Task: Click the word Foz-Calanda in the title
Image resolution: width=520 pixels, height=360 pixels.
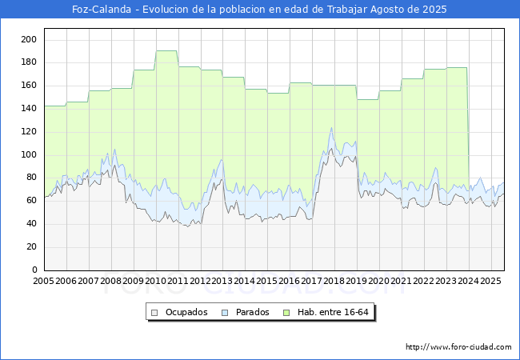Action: [102, 10]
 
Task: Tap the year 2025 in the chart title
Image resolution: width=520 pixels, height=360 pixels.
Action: [434, 10]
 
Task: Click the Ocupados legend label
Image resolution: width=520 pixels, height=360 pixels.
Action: [186, 312]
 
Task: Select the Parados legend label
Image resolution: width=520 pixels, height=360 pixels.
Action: [252, 312]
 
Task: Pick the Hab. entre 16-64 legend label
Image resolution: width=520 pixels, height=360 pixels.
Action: [333, 312]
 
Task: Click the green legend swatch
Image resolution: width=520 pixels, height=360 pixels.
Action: [286, 313]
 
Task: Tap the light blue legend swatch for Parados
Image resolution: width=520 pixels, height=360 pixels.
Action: [225, 313]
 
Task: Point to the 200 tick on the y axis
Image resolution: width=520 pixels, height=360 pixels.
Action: [29, 39]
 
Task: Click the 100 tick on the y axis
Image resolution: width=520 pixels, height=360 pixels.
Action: [29, 155]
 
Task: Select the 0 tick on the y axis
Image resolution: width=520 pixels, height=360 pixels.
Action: [34, 270]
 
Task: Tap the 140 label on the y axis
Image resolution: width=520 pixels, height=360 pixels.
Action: [29, 108]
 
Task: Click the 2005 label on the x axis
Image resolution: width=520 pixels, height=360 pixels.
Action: [43, 281]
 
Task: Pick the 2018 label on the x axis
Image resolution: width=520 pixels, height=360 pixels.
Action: [334, 281]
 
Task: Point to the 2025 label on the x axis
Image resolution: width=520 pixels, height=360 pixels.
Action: [490, 281]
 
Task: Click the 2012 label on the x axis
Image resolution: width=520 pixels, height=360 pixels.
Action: [200, 281]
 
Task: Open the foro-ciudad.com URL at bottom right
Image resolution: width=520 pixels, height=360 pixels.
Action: [458, 347]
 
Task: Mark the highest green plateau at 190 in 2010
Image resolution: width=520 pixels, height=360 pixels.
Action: [166, 50]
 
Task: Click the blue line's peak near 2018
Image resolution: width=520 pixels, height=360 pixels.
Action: [331, 128]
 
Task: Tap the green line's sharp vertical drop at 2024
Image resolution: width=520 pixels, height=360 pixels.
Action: [468, 126]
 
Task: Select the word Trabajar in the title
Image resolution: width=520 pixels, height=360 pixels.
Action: [347, 10]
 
